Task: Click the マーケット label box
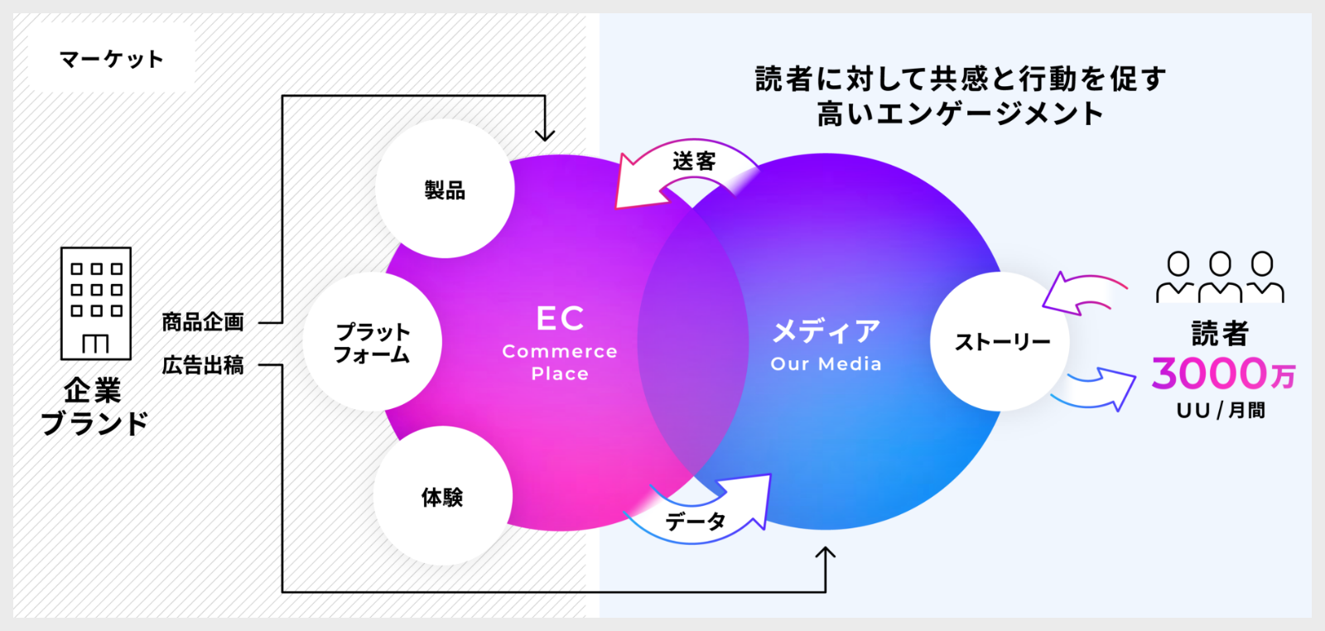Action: [111, 58]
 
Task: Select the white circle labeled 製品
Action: [445, 189]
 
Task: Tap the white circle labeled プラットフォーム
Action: [372, 342]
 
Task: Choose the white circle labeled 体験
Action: [442, 496]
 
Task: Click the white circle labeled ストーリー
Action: [1000, 341]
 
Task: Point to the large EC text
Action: [560, 319]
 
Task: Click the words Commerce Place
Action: [560, 363]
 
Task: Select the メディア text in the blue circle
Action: [826, 331]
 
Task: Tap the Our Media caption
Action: [826, 364]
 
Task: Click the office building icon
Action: [96, 303]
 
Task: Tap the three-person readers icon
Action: [1219, 277]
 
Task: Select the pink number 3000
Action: [1209, 373]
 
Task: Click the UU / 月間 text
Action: [1220, 410]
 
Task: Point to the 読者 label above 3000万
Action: [1219, 333]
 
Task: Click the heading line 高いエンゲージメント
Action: [960, 113]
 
